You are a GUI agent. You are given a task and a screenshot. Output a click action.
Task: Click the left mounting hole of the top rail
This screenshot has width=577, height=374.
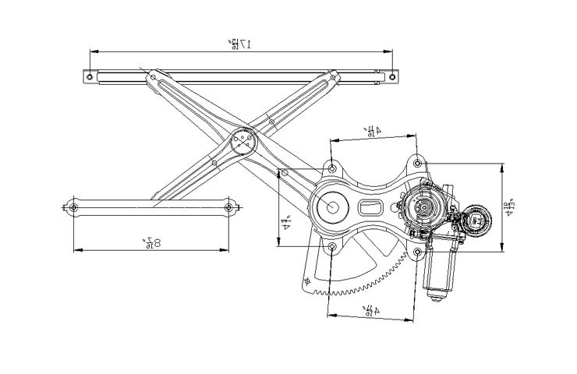tap(90, 76)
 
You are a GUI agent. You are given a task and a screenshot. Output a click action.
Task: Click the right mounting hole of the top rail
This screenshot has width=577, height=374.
tap(389, 76)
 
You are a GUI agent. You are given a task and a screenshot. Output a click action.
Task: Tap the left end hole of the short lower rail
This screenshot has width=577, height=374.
tap(73, 207)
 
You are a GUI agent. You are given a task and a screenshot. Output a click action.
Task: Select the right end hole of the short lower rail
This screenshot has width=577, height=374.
tap(229, 207)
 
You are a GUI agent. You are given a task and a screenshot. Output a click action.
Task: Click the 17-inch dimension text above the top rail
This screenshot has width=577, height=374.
tap(239, 44)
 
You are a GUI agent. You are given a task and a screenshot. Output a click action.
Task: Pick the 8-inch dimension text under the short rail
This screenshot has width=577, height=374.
tap(152, 242)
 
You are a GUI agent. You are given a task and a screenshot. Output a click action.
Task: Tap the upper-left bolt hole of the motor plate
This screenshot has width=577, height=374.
tap(332, 168)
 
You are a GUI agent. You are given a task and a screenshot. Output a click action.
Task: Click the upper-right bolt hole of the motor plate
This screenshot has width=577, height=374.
tap(418, 163)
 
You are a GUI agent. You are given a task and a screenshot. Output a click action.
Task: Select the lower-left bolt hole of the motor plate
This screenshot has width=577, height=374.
tap(332, 248)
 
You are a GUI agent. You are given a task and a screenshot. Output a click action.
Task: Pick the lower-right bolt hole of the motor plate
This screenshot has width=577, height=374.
tap(418, 252)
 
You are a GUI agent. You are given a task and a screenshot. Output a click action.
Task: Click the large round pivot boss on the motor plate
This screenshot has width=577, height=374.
tap(332, 207)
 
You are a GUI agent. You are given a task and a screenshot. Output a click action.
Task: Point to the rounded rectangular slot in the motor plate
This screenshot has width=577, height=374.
tap(370, 208)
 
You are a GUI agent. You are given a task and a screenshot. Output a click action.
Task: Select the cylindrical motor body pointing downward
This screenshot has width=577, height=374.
tap(437, 273)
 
